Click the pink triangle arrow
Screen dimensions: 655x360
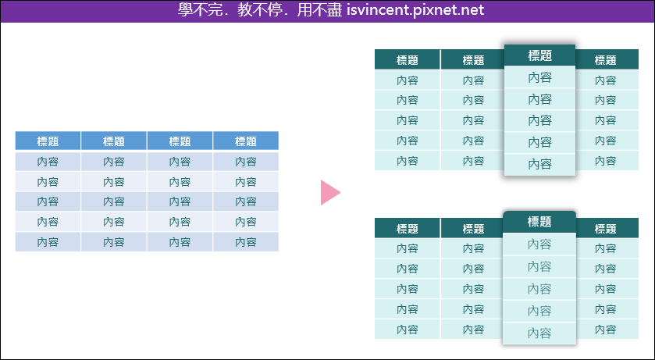[x=330, y=193]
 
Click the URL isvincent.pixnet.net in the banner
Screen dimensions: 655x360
[x=415, y=9]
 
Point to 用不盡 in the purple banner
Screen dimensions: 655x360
[x=319, y=9]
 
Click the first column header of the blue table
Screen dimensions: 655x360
[x=48, y=141]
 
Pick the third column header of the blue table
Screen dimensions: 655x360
[x=180, y=141]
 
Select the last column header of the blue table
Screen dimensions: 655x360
[x=246, y=141]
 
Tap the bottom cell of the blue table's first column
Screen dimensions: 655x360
[x=48, y=242]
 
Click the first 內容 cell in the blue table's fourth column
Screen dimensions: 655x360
[x=246, y=162]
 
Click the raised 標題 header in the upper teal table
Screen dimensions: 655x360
[x=539, y=55]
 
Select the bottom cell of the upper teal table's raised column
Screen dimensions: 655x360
[x=539, y=165]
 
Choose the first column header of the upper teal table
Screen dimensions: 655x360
[x=408, y=59]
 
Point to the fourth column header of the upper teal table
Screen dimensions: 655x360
[x=606, y=59]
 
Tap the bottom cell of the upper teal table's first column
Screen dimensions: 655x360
[x=408, y=161]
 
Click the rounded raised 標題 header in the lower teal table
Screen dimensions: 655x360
[x=539, y=222]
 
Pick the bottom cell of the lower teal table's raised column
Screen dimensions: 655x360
[x=539, y=333]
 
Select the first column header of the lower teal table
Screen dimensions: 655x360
[x=408, y=229]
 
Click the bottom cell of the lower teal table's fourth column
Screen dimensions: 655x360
[x=607, y=330]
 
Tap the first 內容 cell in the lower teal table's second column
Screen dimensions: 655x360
[x=472, y=248]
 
